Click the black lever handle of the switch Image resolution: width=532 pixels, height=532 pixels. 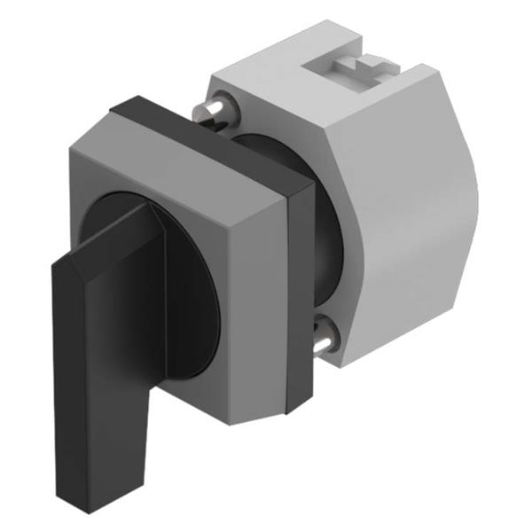(x=98, y=355)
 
